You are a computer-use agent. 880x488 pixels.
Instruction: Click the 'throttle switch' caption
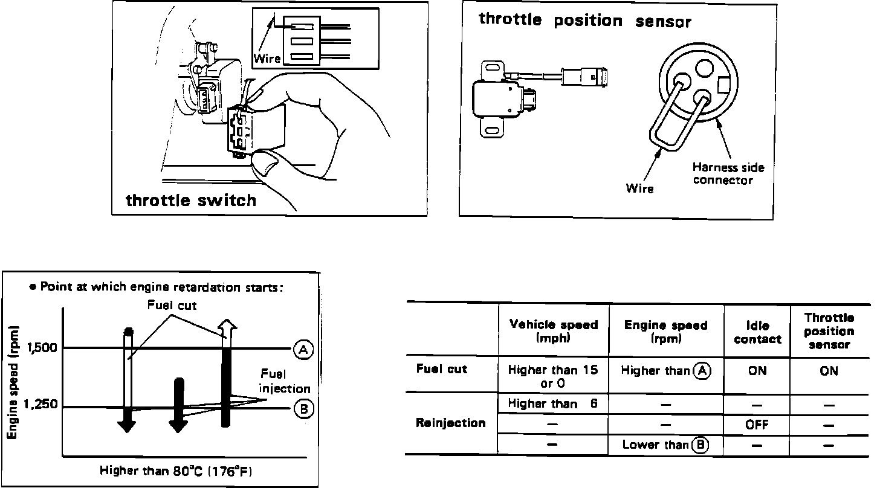tap(191, 200)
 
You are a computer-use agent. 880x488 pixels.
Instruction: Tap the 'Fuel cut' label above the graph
tap(172, 306)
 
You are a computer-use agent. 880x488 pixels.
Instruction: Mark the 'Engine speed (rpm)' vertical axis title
tap(13, 382)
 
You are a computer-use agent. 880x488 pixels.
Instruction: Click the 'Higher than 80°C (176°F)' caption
tap(176, 471)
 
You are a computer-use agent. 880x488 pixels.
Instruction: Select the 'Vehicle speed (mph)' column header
tap(554, 331)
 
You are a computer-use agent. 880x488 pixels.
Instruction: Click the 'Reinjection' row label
tap(450, 423)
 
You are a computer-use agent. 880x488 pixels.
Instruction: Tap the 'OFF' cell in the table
tap(757, 425)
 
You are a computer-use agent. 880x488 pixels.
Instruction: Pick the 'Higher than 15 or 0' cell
tap(554, 376)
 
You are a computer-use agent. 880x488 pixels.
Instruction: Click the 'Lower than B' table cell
tap(665, 445)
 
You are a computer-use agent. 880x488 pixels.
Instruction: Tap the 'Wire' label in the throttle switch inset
tap(267, 59)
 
